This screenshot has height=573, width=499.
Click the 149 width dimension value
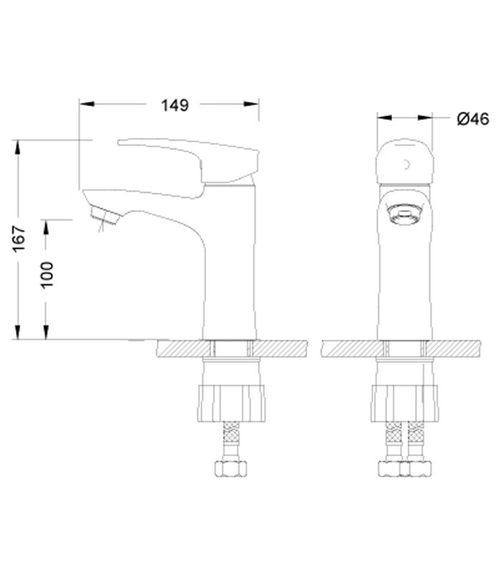[x=175, y=105]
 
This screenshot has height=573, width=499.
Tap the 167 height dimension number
[x=19, y=239]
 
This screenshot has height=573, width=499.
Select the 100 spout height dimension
[x=47, y=275]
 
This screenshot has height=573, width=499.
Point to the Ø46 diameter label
[x=472, y=119]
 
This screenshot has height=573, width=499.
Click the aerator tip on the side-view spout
[x=105, y=216]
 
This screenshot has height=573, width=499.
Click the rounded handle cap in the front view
[x=405, y=162]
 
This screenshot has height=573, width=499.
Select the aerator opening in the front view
[x=404, y=214]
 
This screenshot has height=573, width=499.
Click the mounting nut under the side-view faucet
[x=231, y=403]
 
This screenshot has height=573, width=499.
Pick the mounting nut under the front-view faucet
[x=404, y=403]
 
